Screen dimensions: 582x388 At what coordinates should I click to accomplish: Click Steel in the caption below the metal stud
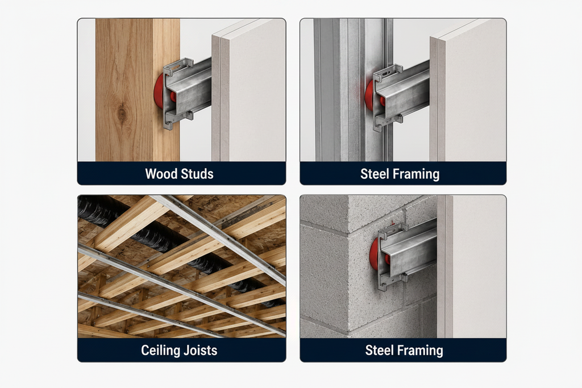click(x=375, y=174)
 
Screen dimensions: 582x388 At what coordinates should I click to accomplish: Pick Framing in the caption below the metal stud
click(x=417, y=174)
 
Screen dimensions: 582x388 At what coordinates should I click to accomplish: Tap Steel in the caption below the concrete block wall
click(x=380, y=350)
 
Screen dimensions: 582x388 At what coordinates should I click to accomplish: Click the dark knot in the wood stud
click(x=122, y=113)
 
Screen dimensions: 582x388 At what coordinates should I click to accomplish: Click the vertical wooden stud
click(x=138, y=90)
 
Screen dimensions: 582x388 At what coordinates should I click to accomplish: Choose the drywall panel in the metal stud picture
click(x=468, y=90)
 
